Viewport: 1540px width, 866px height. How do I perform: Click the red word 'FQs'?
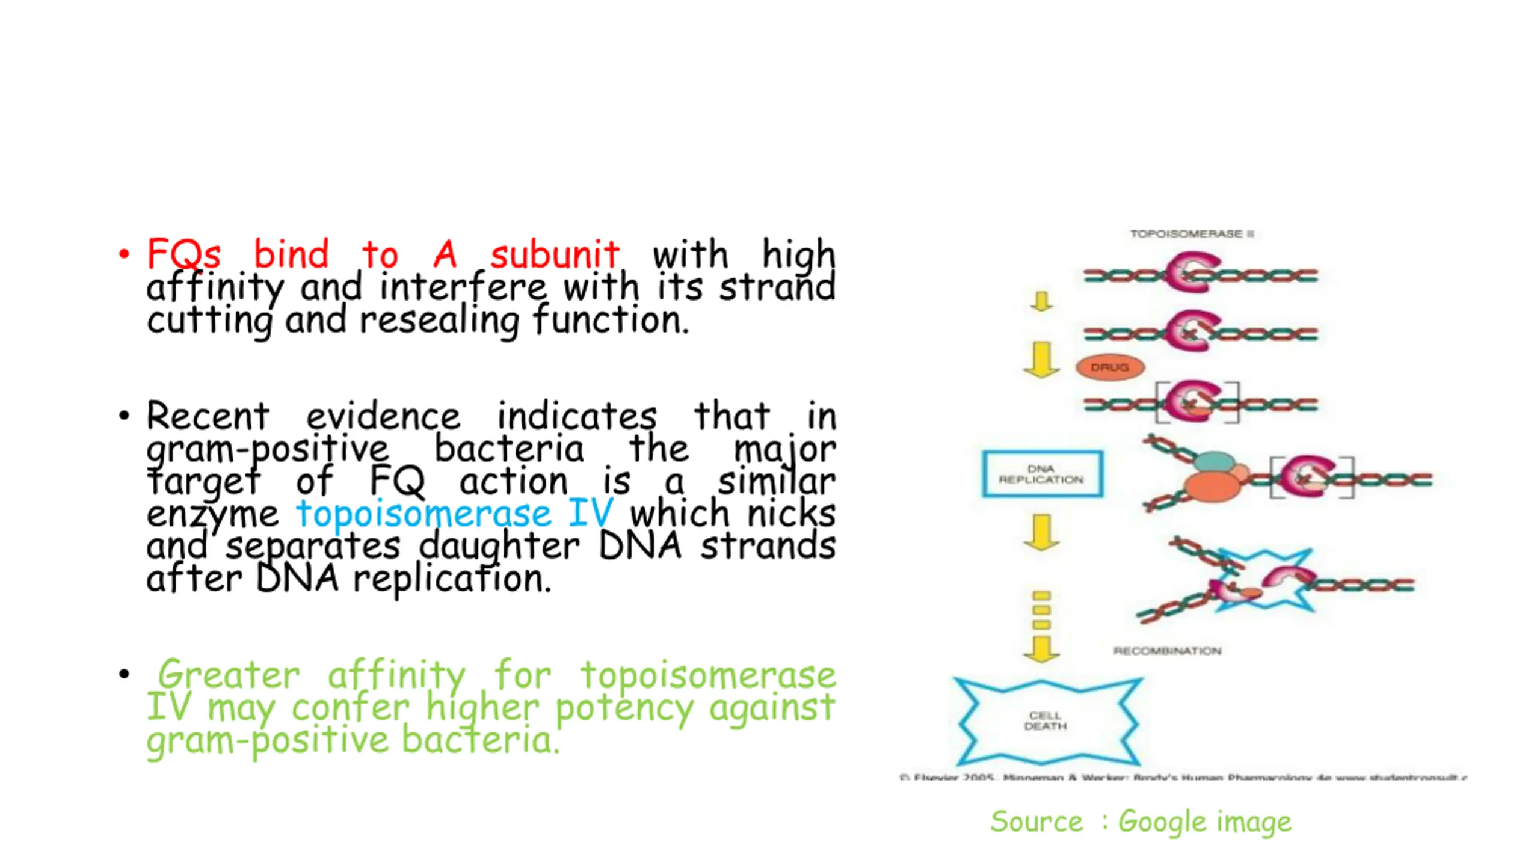[183, 254]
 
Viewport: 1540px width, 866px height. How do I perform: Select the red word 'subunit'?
[554, 254]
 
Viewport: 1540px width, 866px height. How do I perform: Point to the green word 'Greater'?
[229, 675]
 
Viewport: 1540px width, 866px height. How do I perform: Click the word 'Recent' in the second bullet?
[208, 416]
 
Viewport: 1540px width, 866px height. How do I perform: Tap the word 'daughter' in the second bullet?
[499, 546]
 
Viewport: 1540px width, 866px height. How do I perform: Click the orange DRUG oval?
[1109, 367]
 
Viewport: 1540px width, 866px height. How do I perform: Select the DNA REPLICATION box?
[1042, 474]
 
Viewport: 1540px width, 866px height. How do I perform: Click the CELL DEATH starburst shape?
[1046, 721]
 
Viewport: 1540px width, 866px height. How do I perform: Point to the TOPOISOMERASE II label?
[1192, 233]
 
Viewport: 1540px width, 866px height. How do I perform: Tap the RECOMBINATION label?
[1167, 651]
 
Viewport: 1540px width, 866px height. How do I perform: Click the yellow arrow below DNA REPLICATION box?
[1041, 532]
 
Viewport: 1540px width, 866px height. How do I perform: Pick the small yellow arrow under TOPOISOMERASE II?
[1041, 301]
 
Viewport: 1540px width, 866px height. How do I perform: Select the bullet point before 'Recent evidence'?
[124, 416]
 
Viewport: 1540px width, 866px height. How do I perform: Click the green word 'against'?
[772, 707]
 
